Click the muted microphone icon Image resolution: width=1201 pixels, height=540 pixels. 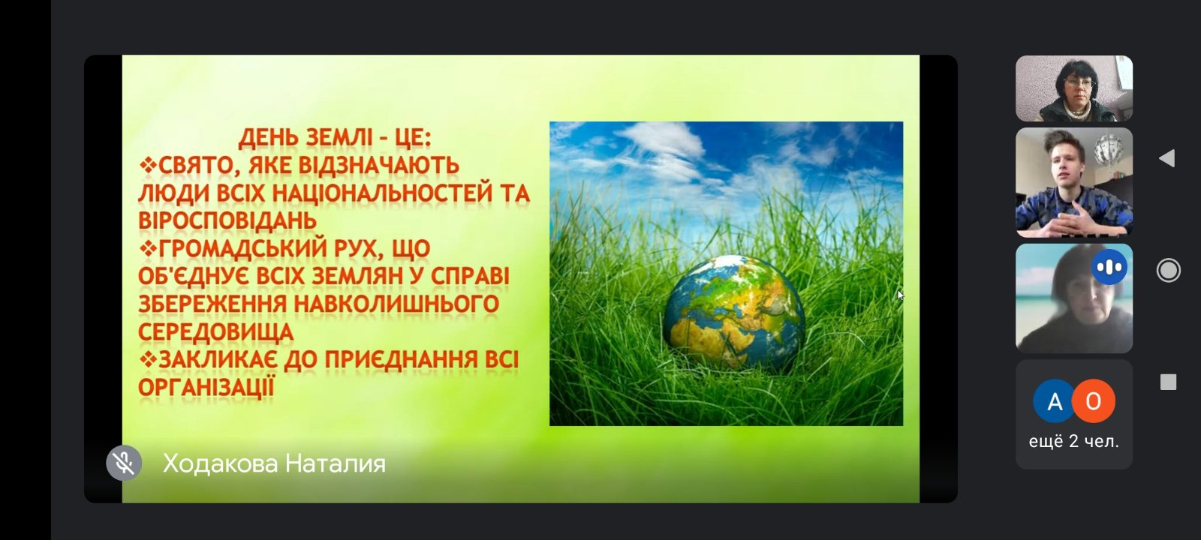click(124, 463)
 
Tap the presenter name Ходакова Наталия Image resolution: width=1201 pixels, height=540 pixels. click(274, 463)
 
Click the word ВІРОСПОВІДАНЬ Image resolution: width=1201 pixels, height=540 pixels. click(227, 220)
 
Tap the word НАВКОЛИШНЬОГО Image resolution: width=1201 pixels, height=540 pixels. click(396, 304)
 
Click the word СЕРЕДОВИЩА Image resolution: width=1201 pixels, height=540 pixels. click(215, 331)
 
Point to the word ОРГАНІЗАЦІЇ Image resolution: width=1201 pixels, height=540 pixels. click(206, 387)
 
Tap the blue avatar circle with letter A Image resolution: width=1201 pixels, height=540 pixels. click(1055, 400)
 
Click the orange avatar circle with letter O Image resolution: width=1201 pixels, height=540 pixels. click(1094, 400)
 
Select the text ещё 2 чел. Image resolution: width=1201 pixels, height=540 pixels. click(1074, 442)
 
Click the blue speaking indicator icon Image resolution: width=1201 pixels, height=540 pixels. click(1109, 267)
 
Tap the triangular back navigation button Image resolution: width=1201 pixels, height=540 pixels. click(1166, 158)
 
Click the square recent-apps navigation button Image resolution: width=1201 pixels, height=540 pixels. click(1168, 382)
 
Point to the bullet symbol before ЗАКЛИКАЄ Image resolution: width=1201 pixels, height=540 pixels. click(147, 358)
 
